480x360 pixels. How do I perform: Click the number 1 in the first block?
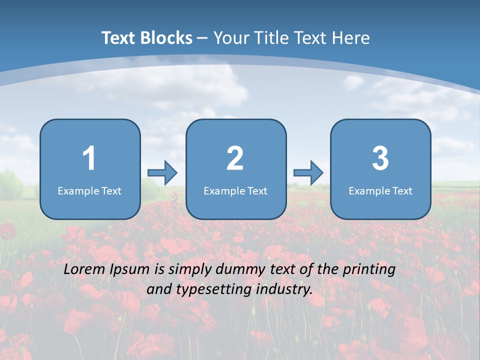(x=89, y=158)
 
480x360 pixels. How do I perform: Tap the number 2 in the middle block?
(x=235, y=158)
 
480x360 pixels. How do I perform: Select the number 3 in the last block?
(x=380, y=158)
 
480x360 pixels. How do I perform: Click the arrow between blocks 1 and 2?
(x=162, y=173)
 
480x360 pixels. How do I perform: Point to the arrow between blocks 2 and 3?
(x=308, y=173)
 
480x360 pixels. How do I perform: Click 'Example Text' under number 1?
(x=89, y=190)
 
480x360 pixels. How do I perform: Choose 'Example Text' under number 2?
(x=235, y=190)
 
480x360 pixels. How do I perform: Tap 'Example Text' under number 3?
(x=380, y=190)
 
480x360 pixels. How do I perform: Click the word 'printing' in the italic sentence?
(x=368, y=270)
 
